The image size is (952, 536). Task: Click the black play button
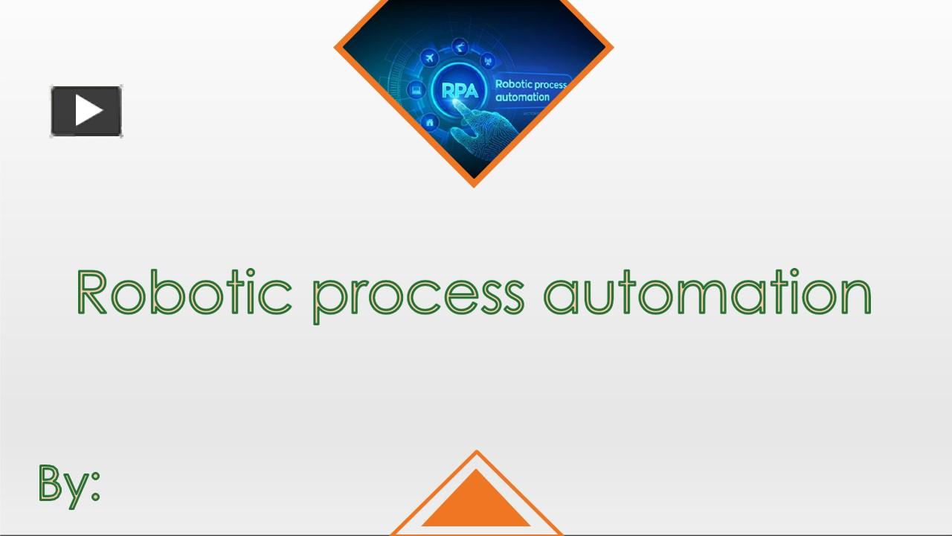tap(86, 112)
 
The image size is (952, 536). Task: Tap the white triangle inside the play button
tap(89, 112)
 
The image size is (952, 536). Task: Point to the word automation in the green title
tap(707, 293)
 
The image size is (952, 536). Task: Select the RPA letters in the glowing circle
tap(460, 91)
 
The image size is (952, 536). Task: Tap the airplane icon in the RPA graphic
tap(429, 58)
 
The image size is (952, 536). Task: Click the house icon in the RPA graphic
tap(429, 122)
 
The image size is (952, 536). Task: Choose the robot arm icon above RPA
tap(461, 46)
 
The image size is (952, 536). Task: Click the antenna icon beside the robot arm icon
tap(489, 60)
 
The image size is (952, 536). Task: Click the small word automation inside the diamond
tap(522, 98)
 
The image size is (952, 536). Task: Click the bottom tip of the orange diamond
tap(474, 185)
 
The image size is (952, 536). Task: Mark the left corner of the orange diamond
tap(336, 48)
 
